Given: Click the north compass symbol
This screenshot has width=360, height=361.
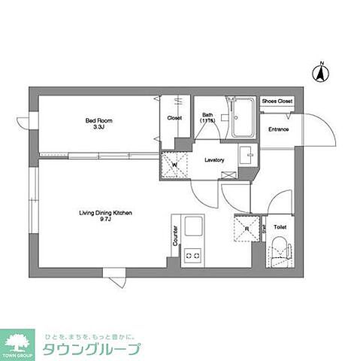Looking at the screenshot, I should [319, 73].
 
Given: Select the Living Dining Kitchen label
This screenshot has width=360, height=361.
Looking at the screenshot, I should [105, 214].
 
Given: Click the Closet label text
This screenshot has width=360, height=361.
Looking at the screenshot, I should [174, 117].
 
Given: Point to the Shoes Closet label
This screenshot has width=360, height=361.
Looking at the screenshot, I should [277, 101].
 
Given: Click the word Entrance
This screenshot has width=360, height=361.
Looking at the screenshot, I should [279, 129].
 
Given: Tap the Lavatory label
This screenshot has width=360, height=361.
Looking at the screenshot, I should [215, 159].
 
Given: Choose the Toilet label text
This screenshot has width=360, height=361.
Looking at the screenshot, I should [280, 226].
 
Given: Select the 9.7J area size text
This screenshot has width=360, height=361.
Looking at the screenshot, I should [105, 221].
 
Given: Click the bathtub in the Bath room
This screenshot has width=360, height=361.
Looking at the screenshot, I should [243, 119].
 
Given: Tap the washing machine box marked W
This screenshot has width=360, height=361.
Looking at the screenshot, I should [174, 165].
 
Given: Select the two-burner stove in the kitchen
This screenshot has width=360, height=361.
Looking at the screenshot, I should [193, 256].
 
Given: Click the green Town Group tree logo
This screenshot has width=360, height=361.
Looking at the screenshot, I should [17, 341].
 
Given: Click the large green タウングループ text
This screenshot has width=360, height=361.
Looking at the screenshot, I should [91, 349].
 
